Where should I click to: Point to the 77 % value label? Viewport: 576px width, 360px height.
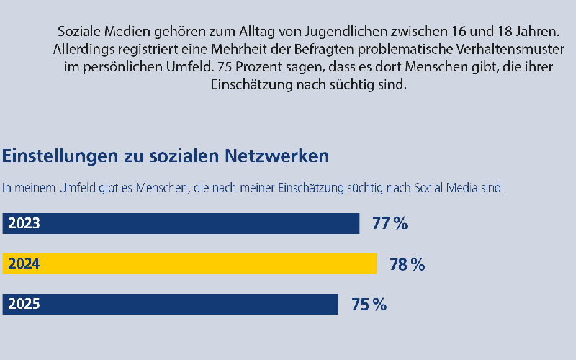coord(390,223)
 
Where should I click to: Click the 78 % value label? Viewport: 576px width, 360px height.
coord(407,264)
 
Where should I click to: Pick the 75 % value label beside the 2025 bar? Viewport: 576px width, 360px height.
coord(369,305)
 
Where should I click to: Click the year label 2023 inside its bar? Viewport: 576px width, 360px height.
coord(24,223)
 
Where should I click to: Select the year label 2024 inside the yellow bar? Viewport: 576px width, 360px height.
coord(24,264)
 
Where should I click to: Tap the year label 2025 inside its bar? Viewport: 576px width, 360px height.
coord(24,305)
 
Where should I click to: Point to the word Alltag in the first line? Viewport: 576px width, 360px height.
coord(257,32)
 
